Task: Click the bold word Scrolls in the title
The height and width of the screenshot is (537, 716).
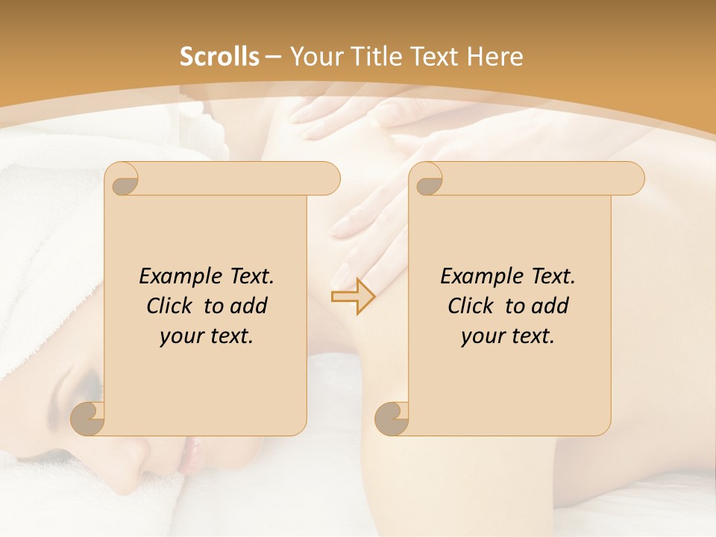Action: click(219, 57)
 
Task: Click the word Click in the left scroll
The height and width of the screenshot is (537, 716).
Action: click(169, 306)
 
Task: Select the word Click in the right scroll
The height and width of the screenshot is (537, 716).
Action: click(471, 306)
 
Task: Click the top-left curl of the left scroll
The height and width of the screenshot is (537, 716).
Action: click(125, 182)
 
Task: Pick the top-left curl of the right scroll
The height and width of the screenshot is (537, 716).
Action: click(428, 182)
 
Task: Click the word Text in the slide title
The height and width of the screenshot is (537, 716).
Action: click(433, 57)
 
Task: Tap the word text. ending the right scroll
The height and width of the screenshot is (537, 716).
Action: click(530, 336)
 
